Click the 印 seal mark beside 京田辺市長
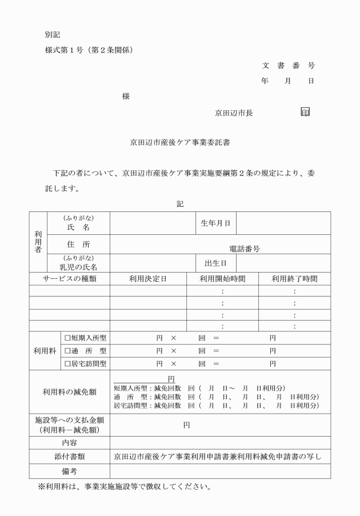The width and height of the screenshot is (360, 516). click(305, 112)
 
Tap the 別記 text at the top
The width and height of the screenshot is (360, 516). click(53, 34)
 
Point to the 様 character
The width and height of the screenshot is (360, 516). click(126, 97)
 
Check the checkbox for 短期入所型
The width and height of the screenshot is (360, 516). click(67, 338)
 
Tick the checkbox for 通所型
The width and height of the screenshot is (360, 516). click(67, 351)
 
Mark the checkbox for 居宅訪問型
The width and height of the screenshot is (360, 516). click(67, 363)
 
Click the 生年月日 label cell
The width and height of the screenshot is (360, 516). click(215, 223)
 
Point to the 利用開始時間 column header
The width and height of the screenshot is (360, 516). click(222, 279)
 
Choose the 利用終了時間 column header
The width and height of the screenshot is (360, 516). click(294, 279)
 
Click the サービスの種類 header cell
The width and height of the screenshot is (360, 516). click(69, 279)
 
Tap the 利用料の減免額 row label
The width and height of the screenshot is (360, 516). click(69, 392)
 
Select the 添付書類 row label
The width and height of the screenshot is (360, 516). click(69, 457)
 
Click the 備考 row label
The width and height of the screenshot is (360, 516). click(69, 471)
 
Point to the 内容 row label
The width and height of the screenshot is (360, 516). click(69, 442)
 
